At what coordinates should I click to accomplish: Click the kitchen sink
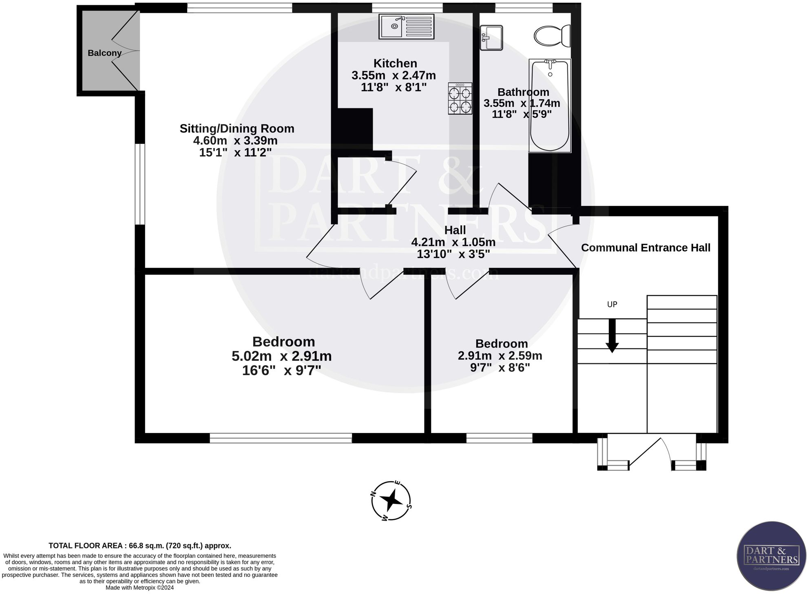[x=407, y=26]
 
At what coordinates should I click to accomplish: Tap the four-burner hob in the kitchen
[x=460, y=98]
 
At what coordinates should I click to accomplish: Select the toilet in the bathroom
[x=552, y=36]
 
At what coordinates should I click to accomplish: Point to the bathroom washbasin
[x=491, y=38]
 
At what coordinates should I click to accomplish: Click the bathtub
[x=550, y=105]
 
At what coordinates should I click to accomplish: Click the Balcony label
[x=104, y=53]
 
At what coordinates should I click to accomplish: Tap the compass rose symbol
[x=391, y=500]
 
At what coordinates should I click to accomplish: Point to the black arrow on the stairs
[x=612, y=335]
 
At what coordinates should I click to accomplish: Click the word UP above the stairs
[x=612, y=305]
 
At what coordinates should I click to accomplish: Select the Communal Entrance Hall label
[x=645, y=248]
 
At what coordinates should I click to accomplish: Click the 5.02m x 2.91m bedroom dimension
[x=281, y=356]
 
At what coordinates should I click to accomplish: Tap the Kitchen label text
[x=395, y=63]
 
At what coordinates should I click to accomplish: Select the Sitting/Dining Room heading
[x=237, y=128]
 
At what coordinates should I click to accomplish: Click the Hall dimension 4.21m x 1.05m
[x=453, y=242]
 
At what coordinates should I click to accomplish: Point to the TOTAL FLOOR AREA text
[x=140, y=545]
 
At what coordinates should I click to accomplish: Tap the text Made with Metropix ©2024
[x=139, y=587]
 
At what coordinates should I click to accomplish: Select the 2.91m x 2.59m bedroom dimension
[x=500, y=356]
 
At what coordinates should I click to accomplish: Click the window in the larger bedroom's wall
[x=281, y=438]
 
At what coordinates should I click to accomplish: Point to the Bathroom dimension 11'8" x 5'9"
[x=522, y=114]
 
